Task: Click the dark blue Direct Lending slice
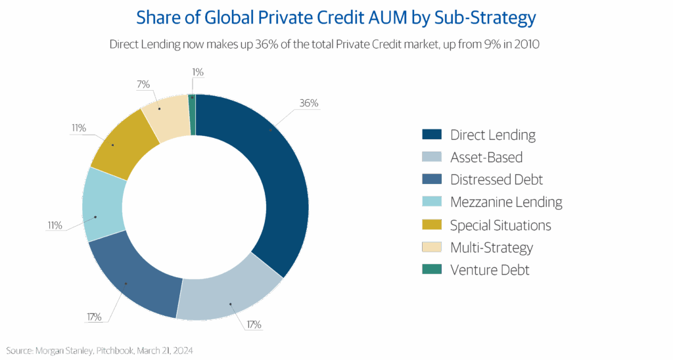[276, 177]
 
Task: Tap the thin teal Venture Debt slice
[192, 114]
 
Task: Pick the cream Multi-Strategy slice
[165, 117]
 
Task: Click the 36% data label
[308, 103]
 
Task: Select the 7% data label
[143, 84]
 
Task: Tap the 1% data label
[197, 72]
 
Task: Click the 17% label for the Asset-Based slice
[253, 325]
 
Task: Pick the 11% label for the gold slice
[78, 127]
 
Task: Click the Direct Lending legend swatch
[432, 135]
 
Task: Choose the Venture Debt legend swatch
[432, 269]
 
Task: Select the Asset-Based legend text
[486, 158]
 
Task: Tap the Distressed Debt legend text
[496, 179]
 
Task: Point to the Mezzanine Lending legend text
[506, 202]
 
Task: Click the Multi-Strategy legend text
[491, 248]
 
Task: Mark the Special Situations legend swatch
[432, 225]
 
